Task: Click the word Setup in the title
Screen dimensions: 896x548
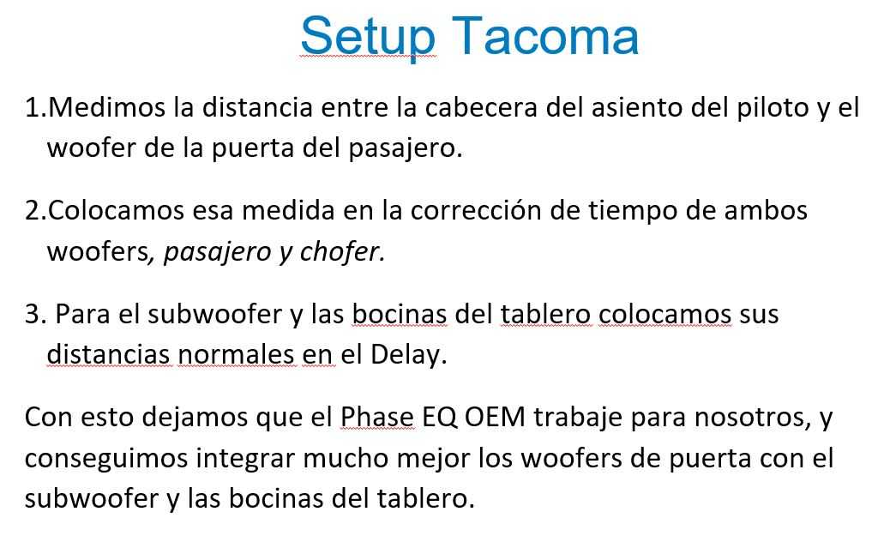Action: (368, 37)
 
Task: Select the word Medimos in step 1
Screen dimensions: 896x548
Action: (106, 107)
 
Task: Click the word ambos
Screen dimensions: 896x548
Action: (766, 210)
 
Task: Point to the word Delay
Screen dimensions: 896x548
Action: (409, 355)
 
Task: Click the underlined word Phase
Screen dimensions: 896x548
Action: (376, 417)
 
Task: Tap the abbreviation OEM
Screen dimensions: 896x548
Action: (495, 417)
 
